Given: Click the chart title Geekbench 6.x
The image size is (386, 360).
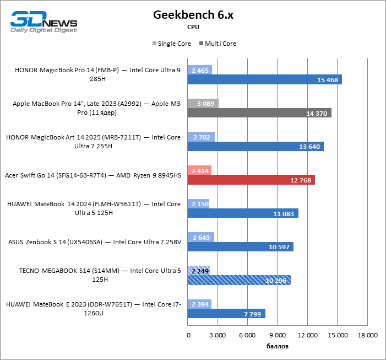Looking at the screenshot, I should tap(193, 15).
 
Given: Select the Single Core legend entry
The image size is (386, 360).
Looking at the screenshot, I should tap(171, 44).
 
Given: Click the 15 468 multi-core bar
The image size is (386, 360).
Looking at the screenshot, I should tap(264, 80).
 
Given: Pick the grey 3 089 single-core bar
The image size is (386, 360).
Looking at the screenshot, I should tap(203, 104).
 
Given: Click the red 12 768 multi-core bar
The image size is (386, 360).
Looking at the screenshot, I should tap(251, 180).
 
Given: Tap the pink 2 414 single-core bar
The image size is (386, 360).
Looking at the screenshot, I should tap(199, 171).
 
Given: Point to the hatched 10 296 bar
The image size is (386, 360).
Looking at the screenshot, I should tap(239, 280).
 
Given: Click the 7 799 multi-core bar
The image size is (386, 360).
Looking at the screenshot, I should tap(226, 314).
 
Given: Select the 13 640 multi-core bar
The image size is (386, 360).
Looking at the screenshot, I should tap(255, 147).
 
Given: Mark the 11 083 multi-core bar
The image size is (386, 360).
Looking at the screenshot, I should tap(243, 213).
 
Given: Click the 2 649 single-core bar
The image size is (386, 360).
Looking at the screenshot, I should tap(200, 238).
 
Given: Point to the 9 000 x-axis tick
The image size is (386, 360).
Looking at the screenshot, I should tap(277, 335).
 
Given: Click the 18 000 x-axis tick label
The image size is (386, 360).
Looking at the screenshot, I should tap(367, 335).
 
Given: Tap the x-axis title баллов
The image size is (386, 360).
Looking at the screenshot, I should tap(277, 347).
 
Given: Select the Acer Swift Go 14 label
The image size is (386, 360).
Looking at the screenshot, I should tap(93, 175).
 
